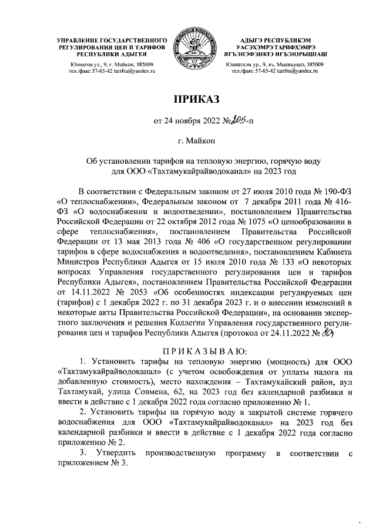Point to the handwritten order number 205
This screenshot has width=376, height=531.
point(238,122)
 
